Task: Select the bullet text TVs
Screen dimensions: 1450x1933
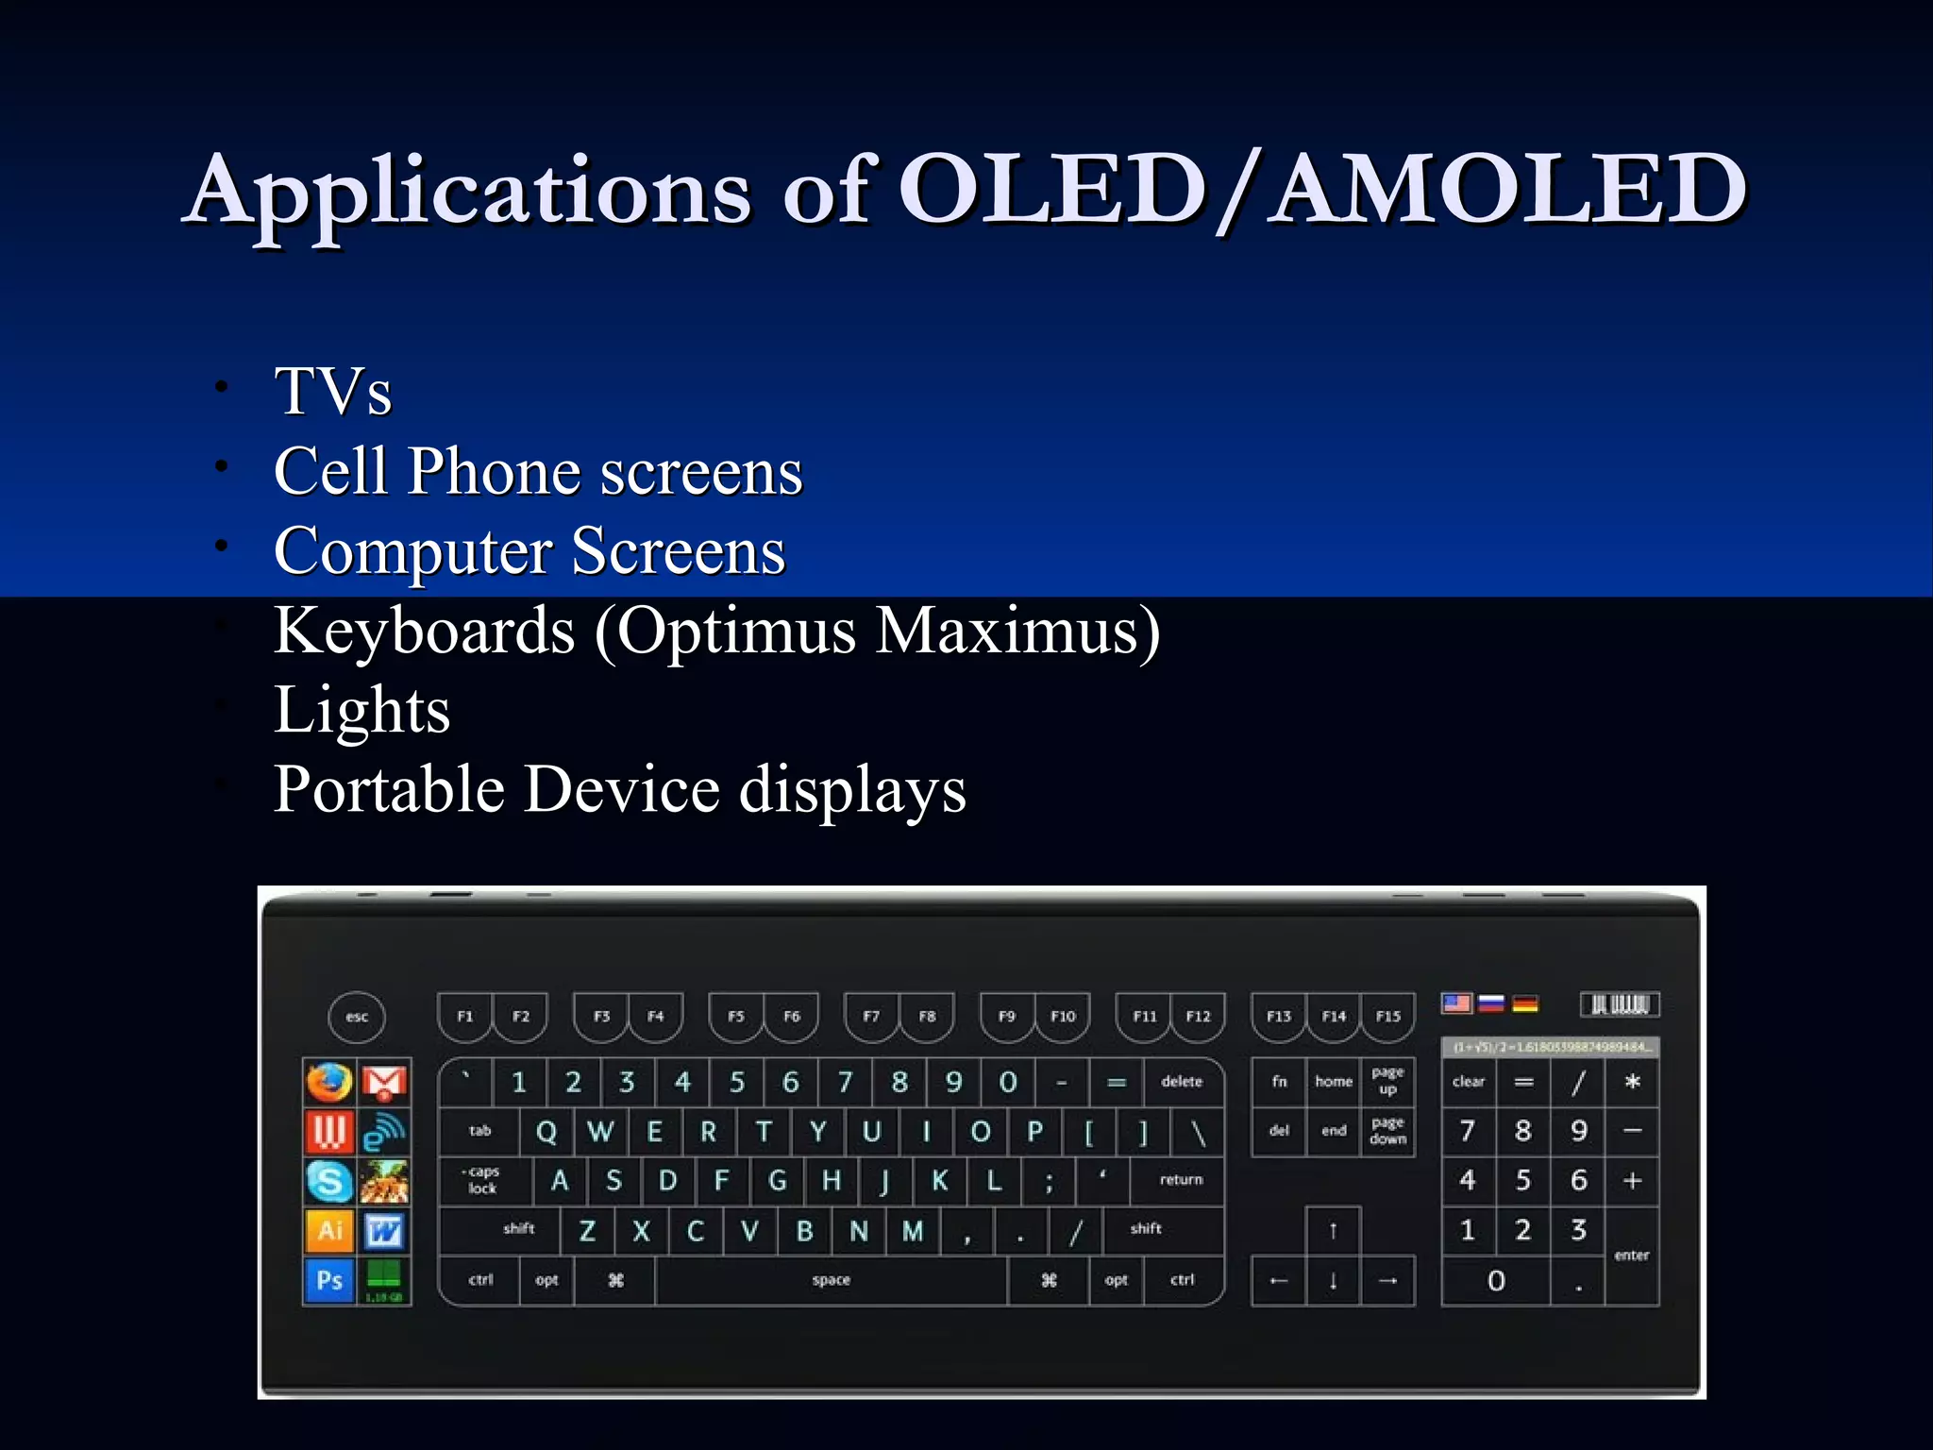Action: [332, 392]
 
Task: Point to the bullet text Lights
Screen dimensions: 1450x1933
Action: [361, 710]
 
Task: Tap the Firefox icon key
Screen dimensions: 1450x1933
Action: [329, 1083]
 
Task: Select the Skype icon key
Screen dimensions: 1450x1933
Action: [329, 1181]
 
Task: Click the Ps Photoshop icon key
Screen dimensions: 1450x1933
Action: [329, 1280]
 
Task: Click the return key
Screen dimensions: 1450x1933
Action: [1181, 1180]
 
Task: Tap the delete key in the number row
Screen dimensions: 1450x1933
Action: [1181, 1082]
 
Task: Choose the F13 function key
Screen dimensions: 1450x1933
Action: [1278, 1017]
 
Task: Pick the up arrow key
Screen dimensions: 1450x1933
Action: [1333, 1230]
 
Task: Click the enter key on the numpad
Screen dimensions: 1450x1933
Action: [1631, 1256]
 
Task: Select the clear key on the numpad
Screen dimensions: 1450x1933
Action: [1468, 1082]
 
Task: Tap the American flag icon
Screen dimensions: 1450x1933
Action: [1456, 1003]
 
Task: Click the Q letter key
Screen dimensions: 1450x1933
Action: [546, 1131]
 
